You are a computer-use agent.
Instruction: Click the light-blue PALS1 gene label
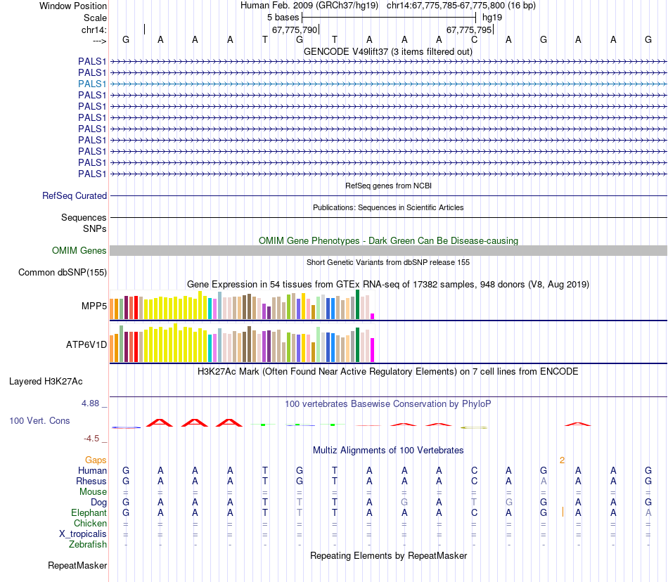(x=92, y=84)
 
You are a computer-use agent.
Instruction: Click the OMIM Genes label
(x=79, y=250)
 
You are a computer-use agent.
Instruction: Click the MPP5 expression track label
(x=94, y=306)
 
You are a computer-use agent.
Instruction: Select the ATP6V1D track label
(x=86, y=345)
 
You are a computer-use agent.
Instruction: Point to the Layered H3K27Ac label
(x=46, y=382)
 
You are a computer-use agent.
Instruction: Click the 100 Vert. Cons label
(x=39, y=420)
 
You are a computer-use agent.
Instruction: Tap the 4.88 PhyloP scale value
(x=91, y=403)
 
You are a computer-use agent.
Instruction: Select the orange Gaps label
(x=96, y=460)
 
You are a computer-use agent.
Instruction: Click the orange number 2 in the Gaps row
(x=562, y=460)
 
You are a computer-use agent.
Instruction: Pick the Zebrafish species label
(x=88, y=544)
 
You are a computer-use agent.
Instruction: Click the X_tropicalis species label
(x=83, y=533)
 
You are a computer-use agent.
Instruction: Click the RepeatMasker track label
(x=77, y=565)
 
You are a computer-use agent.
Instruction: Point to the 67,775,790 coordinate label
(x=295, y=30)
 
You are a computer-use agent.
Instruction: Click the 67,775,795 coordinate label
(x=469, y=30)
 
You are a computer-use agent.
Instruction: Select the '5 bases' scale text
(x=283, y=17)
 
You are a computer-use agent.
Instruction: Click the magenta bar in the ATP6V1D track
(x=372, y=349)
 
